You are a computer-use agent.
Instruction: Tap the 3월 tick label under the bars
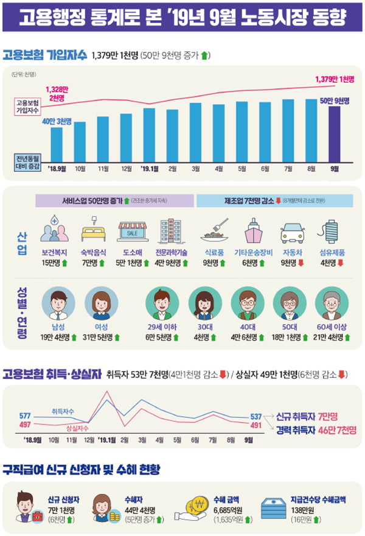click(195, 168)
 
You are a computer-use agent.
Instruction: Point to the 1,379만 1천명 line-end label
click(335, 79)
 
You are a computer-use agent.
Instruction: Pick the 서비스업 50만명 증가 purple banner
click(115, 200)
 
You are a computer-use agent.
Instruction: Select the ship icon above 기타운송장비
click(252, 232)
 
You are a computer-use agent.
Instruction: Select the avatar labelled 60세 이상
click(332, 301)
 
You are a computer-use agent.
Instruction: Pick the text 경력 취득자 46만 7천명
click(316, 430)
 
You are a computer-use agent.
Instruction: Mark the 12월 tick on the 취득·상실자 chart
click(88, 439)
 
